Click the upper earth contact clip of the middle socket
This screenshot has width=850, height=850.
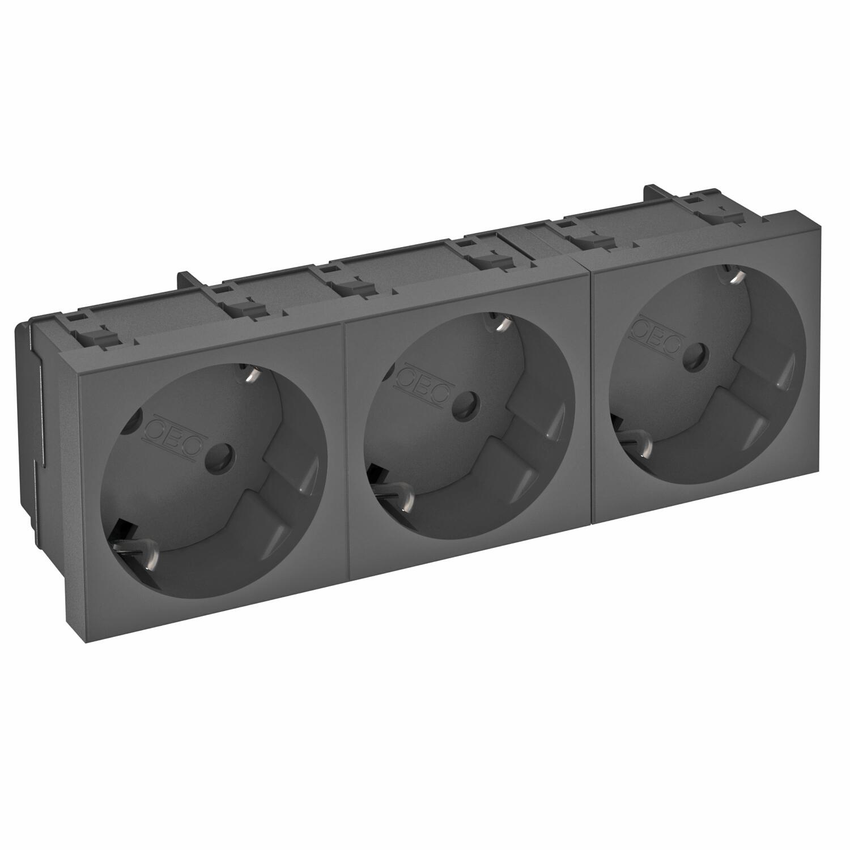click(500, 323)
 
